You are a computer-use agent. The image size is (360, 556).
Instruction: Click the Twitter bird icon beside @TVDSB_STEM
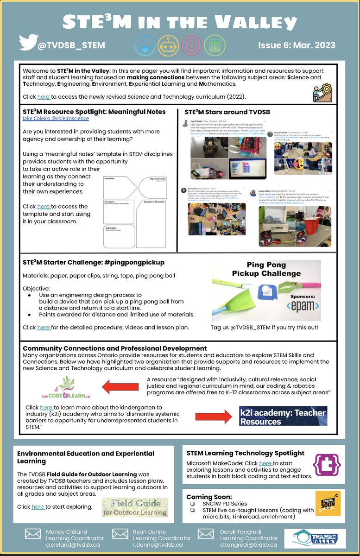(28, 43)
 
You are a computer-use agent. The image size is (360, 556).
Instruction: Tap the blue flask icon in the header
(145, 44)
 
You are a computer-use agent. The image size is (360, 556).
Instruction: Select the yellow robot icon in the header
(168, 44)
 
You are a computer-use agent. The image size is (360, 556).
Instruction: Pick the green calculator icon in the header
(215, 44)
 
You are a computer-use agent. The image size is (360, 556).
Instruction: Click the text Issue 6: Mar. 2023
(297, 45)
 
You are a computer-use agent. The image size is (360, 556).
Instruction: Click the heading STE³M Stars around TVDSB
(227, 112)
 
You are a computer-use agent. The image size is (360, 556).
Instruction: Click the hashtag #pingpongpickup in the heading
(137, 262)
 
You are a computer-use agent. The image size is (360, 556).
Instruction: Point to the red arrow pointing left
(119, 386)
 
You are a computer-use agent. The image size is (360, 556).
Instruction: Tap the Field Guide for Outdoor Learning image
(135, 507)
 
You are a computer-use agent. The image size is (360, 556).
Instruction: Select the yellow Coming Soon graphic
(328, 503)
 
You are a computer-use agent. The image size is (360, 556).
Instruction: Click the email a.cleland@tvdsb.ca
(73, 545)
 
